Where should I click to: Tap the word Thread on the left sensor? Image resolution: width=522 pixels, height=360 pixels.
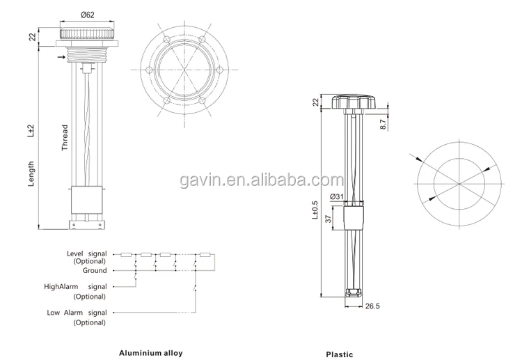[x=64, y=138]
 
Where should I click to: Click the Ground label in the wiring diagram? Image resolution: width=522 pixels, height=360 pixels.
[x=95, y=270]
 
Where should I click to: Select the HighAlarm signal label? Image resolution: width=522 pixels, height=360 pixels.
[x=75, y=286]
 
